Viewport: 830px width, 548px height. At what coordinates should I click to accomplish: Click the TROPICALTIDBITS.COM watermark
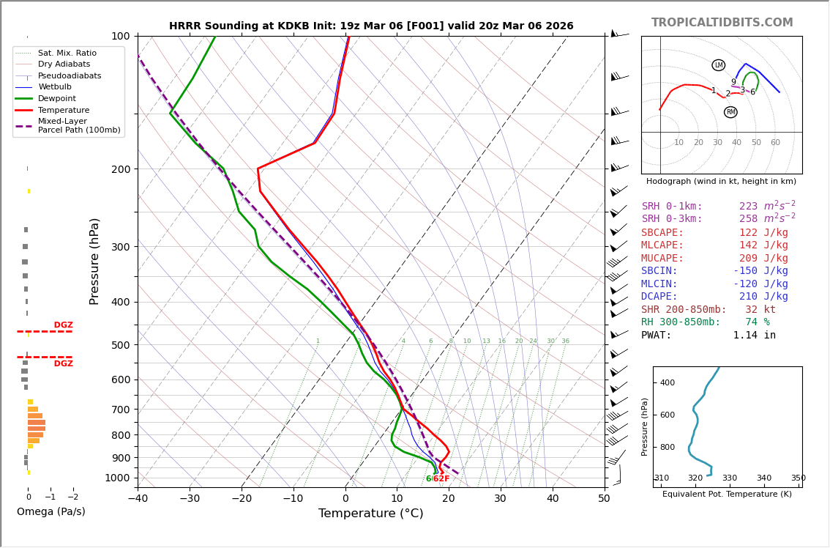tap(722, 23)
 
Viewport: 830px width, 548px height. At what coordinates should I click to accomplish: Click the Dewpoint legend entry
tap(57, 99)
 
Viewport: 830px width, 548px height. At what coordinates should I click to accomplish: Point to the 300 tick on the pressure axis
tap(120, 247)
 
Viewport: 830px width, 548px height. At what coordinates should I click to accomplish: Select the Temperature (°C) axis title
tap(370, 514)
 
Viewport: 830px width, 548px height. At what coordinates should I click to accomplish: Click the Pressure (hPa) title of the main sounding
tap(94, 261)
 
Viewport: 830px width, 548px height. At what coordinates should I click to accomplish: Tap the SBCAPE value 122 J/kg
tap(763, 233)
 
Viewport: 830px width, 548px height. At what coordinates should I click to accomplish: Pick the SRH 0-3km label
tap(672, 219)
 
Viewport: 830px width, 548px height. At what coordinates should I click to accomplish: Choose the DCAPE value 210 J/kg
tap(763, 297)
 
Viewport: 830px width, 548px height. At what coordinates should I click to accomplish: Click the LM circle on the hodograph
tap(719, 65)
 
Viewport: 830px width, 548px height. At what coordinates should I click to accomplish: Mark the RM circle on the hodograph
tap(730, 112)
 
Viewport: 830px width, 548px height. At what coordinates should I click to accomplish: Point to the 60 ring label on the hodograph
tap(775, 143)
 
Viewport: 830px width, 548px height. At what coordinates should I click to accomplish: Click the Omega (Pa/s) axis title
tap(51, 511)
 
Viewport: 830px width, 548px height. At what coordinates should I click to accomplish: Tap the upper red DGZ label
tap(63, 325)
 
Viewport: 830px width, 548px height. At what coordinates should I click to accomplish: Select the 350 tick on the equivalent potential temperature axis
tap(798, 478)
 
